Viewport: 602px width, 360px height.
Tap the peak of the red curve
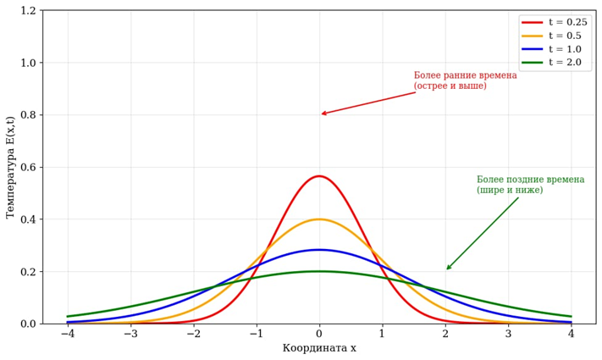(319, 176)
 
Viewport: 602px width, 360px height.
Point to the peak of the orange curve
(319, 219)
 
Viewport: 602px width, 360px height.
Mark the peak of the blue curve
(319, 250)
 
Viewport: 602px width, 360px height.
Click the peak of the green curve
(319, 271)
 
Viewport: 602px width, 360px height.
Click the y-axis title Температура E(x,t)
(11, 167)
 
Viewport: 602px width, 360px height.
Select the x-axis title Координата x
(319, 348)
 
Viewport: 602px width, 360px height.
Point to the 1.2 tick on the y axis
(28, 11)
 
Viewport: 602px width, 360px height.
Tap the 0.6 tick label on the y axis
(28, 167)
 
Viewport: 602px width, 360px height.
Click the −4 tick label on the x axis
(68, 334)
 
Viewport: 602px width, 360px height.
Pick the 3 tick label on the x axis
(508, 334)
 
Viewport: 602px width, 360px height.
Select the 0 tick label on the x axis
(319, 334)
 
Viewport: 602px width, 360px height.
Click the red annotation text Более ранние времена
(465, 76)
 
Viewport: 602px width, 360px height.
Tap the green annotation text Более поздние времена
(530, 180)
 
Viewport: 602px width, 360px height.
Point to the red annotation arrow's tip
(322, 114)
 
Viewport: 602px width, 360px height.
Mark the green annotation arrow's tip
(446, 270)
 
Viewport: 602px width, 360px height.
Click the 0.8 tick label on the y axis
(28, 115)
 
